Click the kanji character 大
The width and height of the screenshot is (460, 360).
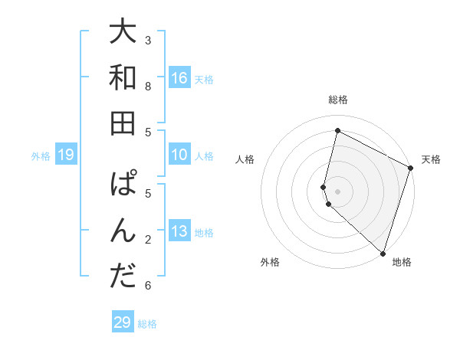point(123,32)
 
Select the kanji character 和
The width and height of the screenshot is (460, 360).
point(123,77)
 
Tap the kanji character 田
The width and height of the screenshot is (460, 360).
point(123,123)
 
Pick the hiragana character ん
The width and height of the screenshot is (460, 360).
point(123,231)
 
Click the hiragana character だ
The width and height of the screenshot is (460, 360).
point(123,277)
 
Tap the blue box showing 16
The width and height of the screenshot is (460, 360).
point(179,77)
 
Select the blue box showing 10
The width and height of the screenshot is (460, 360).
point(179,155)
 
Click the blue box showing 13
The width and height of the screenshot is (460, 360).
point(179,231)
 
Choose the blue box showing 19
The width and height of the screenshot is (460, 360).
point(65,155)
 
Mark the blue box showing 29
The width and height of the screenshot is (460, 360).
point(122,322)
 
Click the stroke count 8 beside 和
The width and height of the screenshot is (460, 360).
point(148,86)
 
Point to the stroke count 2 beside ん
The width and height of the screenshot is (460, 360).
point(148,240)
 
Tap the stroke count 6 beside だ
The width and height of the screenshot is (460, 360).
point(148,286)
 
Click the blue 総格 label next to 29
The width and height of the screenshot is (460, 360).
point(147,323)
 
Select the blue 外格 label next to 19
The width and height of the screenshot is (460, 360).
point(41,156)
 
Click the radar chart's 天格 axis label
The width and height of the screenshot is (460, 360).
point(431,159)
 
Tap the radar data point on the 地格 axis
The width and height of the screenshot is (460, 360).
point(383,253)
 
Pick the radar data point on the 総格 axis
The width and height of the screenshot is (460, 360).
point(337,131)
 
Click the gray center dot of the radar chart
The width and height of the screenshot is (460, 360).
point(337,191)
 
